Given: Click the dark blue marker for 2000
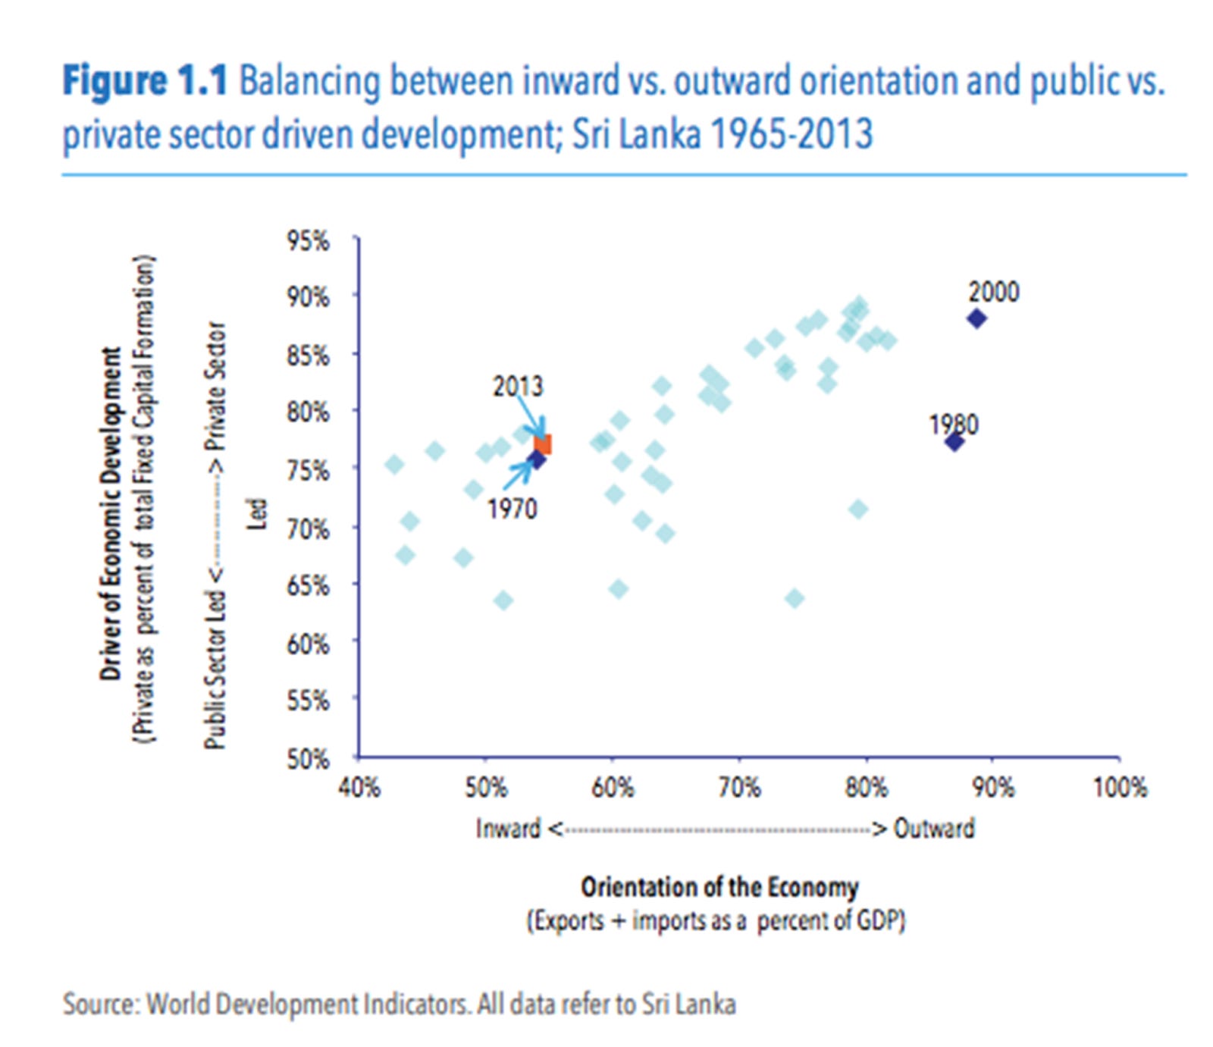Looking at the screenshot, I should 976,318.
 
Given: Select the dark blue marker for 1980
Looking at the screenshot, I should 954,441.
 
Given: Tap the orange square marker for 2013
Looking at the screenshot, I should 543,444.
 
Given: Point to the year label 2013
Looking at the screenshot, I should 518,387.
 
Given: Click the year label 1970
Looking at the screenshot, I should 512,509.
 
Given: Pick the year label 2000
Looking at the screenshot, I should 993,292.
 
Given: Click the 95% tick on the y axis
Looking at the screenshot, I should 308,241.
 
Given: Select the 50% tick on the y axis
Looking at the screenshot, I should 308,758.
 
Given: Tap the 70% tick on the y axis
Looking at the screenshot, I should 308,528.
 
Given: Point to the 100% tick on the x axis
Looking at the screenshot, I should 1119,787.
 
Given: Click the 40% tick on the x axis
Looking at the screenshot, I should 359,787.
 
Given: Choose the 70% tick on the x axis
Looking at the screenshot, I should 739,787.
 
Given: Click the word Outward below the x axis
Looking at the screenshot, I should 934,828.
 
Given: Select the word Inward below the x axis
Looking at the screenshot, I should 508,828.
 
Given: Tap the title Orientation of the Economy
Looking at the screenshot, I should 719,886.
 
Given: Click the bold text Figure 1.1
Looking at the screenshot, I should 144,80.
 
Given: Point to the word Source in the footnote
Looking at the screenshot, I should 99,1004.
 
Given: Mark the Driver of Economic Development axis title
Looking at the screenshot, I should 111,514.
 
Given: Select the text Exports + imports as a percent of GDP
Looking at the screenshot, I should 716,920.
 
